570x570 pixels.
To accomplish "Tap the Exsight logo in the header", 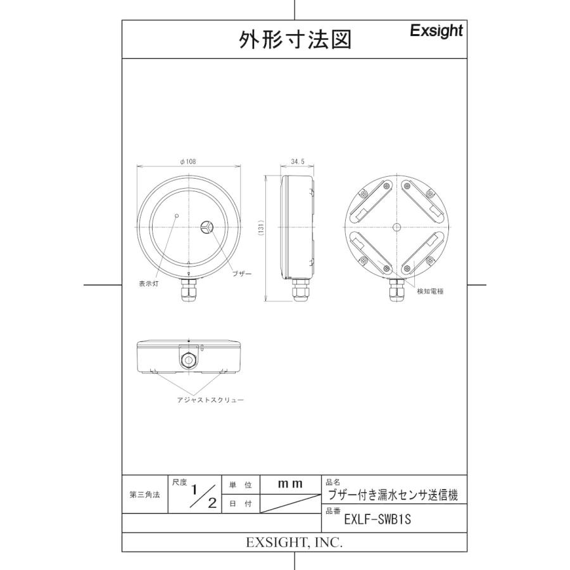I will tap(436, 31).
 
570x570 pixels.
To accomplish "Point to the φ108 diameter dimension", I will tap(188, 162).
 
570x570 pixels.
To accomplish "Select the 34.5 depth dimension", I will tap(298, 162).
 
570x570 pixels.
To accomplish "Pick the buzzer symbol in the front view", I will tap(207, 227).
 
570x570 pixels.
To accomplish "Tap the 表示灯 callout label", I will tap(149, 284).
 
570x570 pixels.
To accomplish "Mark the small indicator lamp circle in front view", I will tap(177, 215).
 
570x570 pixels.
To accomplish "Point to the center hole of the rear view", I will tap(396, 227).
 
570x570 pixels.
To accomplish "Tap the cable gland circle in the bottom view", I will tap(189, 360).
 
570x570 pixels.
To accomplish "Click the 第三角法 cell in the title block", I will tap(145, 495).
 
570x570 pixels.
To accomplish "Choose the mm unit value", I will tap(291, 484).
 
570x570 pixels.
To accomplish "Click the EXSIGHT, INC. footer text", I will tap(294, 543).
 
